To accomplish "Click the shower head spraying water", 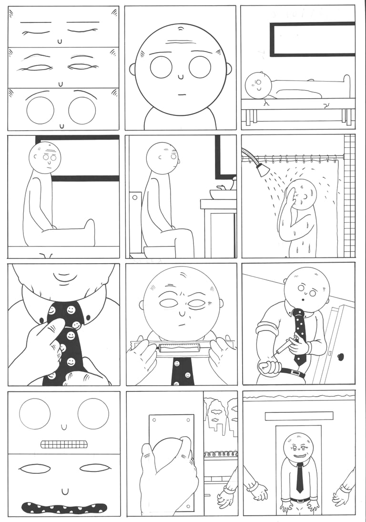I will (x=262, y=169).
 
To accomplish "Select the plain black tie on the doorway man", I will (x=299, y=477).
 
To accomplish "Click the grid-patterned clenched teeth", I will (x=64, y=444).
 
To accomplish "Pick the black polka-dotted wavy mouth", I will (x=64, y=507).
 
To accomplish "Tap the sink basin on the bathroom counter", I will (x=223, y=194).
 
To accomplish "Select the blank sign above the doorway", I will (x=299, y=416).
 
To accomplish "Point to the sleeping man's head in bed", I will (x=258, y=85).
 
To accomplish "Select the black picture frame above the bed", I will (x=312, y=39).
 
